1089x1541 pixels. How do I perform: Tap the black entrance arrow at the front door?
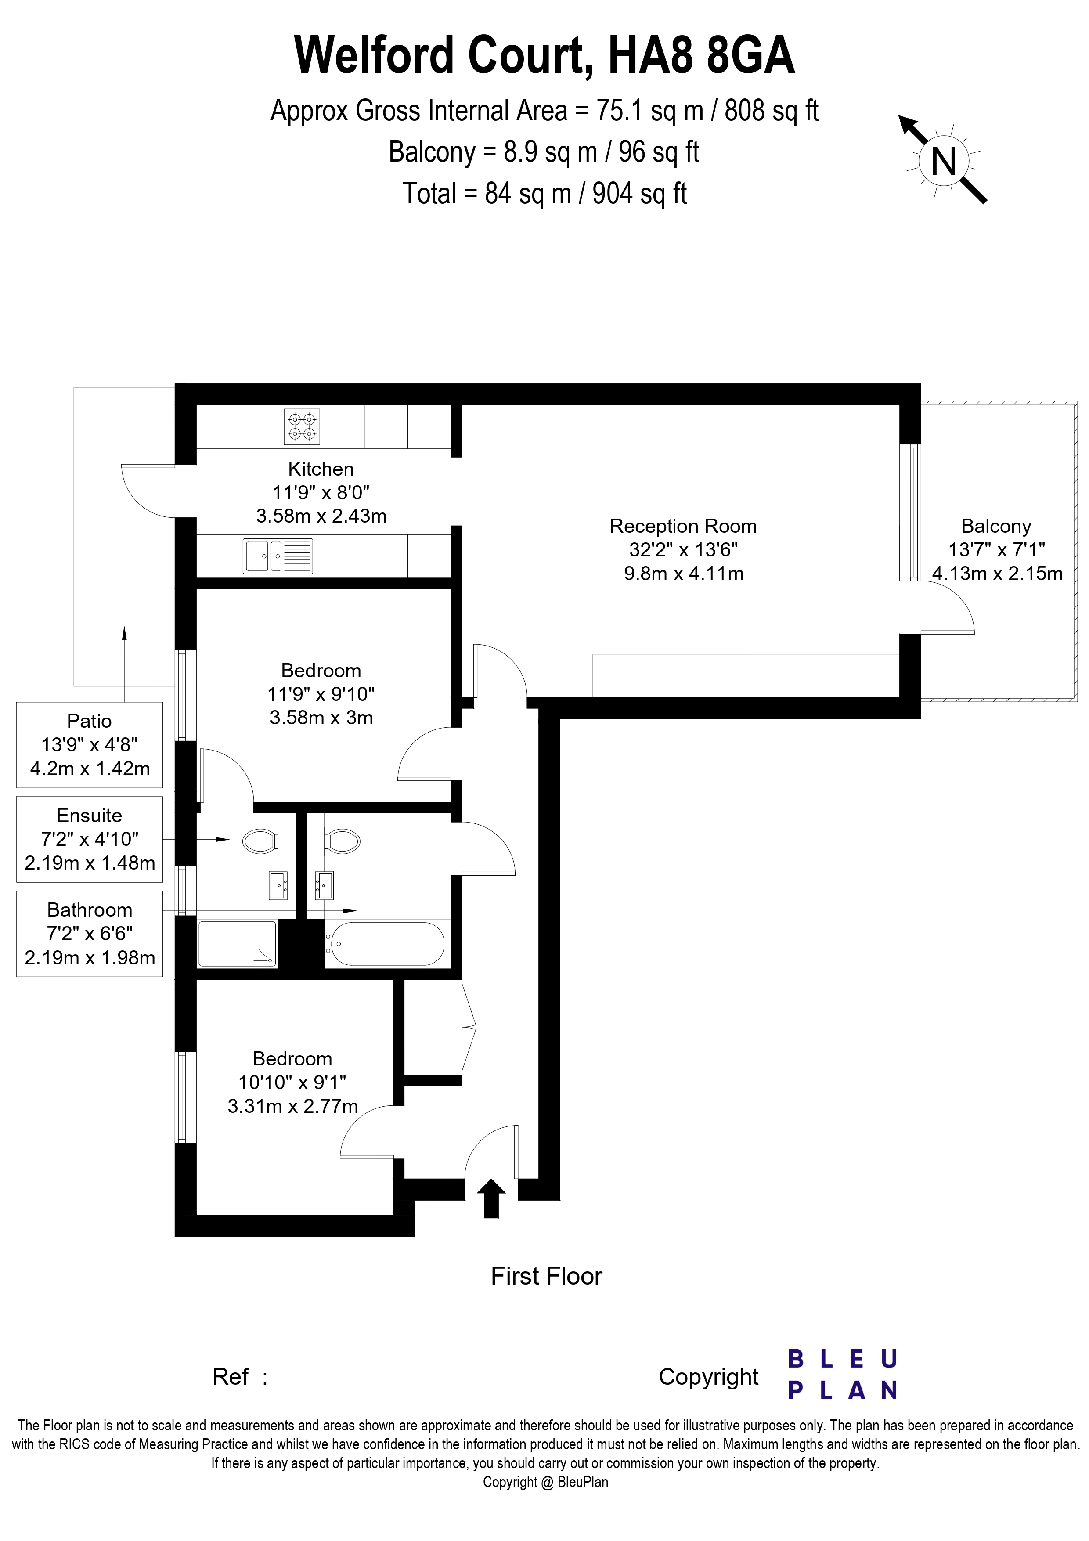pos(491,1198)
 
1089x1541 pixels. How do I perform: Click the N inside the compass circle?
pos(944,161)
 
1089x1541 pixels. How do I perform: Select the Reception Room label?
pos(683,526)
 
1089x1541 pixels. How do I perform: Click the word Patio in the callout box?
pos(89,721)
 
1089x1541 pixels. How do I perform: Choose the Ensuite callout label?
pos(89,816)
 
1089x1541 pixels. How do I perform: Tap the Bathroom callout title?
pos(89,910)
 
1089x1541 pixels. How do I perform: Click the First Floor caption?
pos(546,1276)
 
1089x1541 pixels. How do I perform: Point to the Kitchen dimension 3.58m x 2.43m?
pos(321,516)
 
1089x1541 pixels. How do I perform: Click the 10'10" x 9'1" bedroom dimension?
pos(292,1082)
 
